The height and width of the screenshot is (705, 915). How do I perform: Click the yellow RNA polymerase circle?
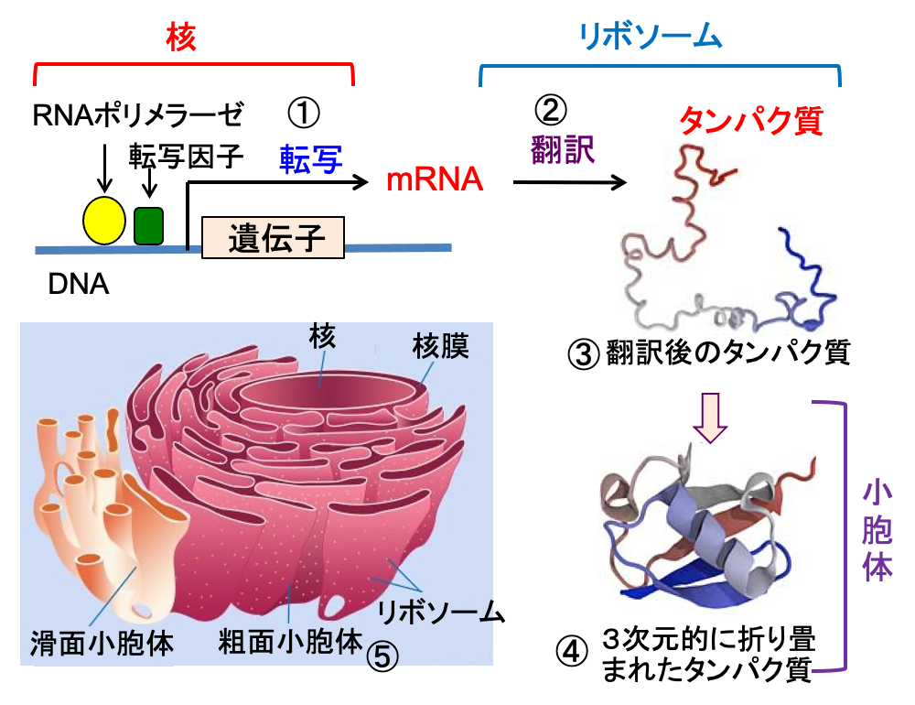tap(104, 221)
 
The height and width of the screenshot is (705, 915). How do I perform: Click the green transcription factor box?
tap(148, 225)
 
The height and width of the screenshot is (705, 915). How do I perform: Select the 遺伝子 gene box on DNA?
tap(273, 237)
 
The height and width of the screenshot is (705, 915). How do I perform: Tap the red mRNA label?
tap(435, 179)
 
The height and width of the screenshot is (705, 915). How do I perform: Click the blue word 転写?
tap(310, 159)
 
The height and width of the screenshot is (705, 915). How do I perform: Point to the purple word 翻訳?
tap(563, 149)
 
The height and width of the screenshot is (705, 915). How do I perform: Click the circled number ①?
tap(304, 113)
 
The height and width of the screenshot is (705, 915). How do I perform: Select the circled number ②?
tap(550, 110)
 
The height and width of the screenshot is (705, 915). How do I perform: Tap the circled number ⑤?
tap(382, 656)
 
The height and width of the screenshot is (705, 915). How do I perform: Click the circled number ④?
tap(571, 651)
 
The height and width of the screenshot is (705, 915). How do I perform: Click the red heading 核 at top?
tap(181, 38)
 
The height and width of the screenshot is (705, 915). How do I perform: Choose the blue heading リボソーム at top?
tap(650, 37)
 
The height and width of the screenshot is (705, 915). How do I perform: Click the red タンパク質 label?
tap(751, 121)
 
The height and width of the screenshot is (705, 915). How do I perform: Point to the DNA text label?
tap(79, 285)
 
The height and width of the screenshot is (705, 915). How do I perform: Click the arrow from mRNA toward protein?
tap(569, 182)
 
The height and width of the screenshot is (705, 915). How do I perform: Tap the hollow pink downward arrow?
tap(710, 418)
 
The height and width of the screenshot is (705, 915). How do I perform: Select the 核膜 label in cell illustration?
tap(441, 346)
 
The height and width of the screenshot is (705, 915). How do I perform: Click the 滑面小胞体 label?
tap(102, 643)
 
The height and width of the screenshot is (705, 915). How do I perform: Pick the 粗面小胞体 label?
tap(291, 641)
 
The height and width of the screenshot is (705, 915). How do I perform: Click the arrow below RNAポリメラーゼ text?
tap(104, 168)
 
